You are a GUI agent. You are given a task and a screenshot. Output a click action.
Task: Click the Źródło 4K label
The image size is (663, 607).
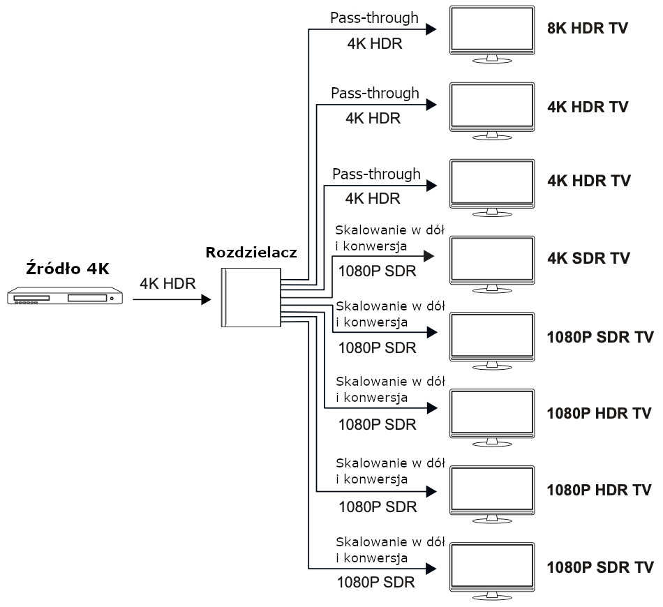point(67,269)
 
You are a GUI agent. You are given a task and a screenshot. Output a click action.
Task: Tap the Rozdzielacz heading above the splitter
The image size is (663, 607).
point(251,252)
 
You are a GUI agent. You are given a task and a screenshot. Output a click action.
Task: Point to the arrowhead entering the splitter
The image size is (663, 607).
point(206,299)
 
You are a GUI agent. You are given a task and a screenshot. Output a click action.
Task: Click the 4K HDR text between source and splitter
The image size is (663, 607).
point(167,283)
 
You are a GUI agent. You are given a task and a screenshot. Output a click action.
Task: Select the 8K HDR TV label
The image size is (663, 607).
point(588,29)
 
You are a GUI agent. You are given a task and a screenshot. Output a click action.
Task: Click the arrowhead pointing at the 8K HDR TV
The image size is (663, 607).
point(431,29)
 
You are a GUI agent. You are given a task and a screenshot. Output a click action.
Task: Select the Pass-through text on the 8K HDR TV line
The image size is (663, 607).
point(375,17)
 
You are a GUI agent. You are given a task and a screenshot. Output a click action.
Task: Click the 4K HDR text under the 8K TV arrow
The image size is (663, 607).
point(374,43)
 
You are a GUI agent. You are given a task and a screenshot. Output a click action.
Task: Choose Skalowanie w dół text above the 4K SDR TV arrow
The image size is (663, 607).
point(390,230)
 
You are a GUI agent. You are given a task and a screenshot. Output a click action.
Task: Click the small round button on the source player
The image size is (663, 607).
point(112,299)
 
